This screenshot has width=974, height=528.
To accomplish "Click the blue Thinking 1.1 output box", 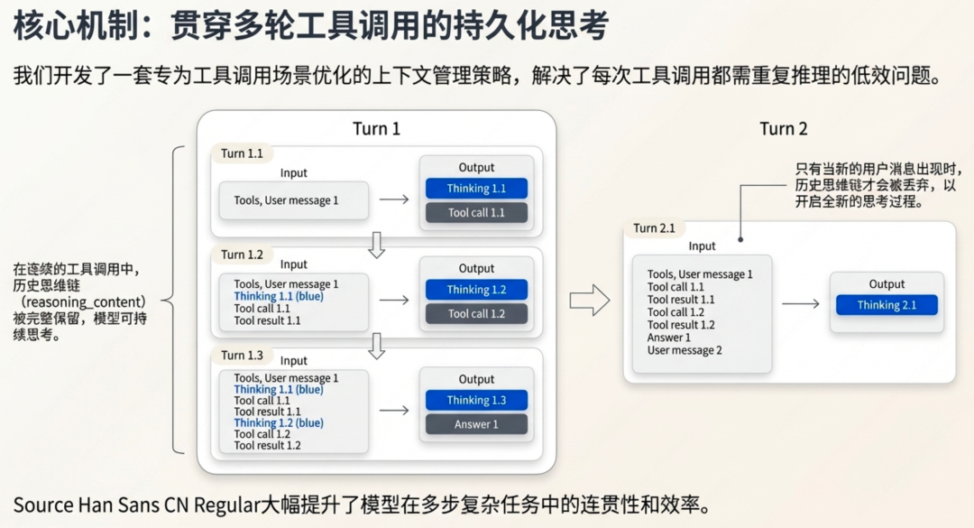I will pos(476,189).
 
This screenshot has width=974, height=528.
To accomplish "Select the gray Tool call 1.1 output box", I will pos(476,213).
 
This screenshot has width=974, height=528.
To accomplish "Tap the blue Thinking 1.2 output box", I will pos(476,290).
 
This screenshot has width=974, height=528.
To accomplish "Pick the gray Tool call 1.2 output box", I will pos(476,314).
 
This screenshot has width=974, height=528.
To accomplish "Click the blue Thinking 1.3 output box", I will pos(476,400).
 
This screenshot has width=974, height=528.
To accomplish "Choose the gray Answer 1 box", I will pos(476,424).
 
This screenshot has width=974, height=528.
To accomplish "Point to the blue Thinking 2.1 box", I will pos(887,305).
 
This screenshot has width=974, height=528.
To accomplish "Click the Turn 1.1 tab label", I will pos(242,153).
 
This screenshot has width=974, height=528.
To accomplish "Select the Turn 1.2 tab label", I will pos(242,255).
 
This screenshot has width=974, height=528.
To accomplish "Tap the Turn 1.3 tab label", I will pos(242,355).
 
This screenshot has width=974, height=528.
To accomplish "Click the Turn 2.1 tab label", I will pos(654,228).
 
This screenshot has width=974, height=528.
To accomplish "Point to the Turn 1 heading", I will pos(376,128).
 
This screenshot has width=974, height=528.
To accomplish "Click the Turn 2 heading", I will pos(783,128).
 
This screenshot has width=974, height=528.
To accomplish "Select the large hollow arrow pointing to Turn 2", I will pos(590,300).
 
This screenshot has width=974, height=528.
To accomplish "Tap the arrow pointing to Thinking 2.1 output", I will pos(800,304).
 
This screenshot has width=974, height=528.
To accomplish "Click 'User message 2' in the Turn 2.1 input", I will pos(685,350).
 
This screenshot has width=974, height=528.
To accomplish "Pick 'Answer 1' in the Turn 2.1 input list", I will pos(668,338).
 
